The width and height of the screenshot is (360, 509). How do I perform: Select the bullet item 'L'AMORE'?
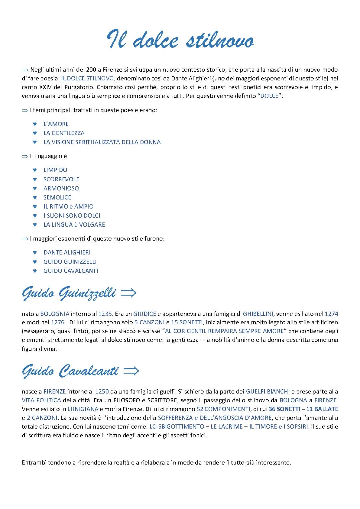click(x=56, y=124)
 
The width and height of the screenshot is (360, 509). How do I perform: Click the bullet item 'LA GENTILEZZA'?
click(x=64, y=133)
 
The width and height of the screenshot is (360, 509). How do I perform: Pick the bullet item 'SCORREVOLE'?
click(x=61, y=179)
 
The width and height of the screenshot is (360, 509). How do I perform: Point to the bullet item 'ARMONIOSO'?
click(x=61, y=188)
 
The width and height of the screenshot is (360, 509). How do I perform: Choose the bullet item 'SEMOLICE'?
click(x=57, y=197)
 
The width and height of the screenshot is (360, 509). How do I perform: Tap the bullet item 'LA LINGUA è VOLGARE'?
click(x=74, y=225)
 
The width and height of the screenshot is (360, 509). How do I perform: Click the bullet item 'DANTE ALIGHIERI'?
click(x=67, y=253)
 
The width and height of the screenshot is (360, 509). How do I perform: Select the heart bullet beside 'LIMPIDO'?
click(x=35, y=170)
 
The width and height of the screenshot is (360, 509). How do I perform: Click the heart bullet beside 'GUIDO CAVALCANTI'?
click(x=35, y=271)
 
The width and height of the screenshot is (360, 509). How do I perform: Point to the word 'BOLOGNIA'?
click(x=55, y=314)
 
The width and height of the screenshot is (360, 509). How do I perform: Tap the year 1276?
click(x=57, y=322)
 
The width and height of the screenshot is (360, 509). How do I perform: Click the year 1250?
click(x=102, y=391)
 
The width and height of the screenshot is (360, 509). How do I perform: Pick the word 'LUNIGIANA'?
click(x=83, y=409)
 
